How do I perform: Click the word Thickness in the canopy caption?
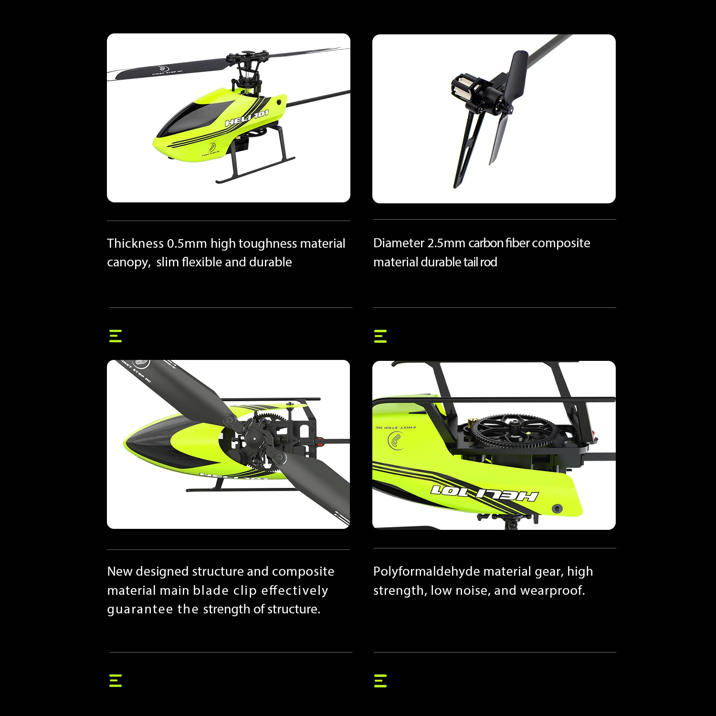[135, 243]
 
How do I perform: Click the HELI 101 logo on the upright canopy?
[246, 118]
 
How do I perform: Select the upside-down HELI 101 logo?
[484, 493]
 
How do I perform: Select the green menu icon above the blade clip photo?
[116, 336]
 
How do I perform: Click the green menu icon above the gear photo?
[380, 336]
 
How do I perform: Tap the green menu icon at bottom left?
[116, 681]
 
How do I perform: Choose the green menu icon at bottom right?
[380, 681]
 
